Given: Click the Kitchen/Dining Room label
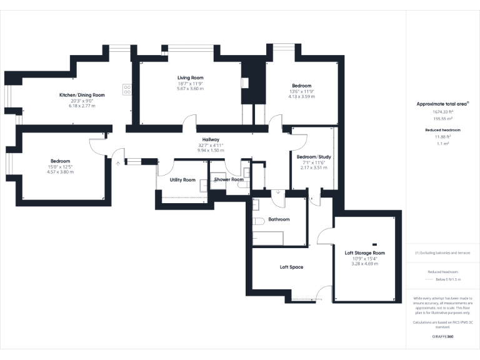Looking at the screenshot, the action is point(82,95).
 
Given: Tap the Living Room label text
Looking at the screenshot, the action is point(191,77).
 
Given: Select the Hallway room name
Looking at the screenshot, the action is point(210,139).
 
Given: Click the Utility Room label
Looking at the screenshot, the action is point(182,180).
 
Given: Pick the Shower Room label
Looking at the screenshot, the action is point(229,180).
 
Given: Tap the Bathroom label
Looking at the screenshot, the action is point(279,219).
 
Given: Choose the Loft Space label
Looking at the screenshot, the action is point(291,267).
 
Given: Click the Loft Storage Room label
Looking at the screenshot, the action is point(365,253).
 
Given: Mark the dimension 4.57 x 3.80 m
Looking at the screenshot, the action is point(60,172).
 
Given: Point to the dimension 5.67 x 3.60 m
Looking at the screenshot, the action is point(191,89).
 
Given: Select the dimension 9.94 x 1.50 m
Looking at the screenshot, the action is point(210,151).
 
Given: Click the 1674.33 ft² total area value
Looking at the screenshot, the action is point(443,112).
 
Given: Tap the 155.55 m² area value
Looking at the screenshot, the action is point(443,118).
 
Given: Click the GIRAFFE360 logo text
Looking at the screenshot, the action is point(443,337).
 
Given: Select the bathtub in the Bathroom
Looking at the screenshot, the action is point(268,238).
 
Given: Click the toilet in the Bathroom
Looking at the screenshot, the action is point(258,222).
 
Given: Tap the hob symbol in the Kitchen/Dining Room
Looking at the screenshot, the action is point(127,89).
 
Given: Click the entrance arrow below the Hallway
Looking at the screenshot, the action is point(117,163).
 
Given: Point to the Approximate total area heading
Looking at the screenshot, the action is point(442,104).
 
